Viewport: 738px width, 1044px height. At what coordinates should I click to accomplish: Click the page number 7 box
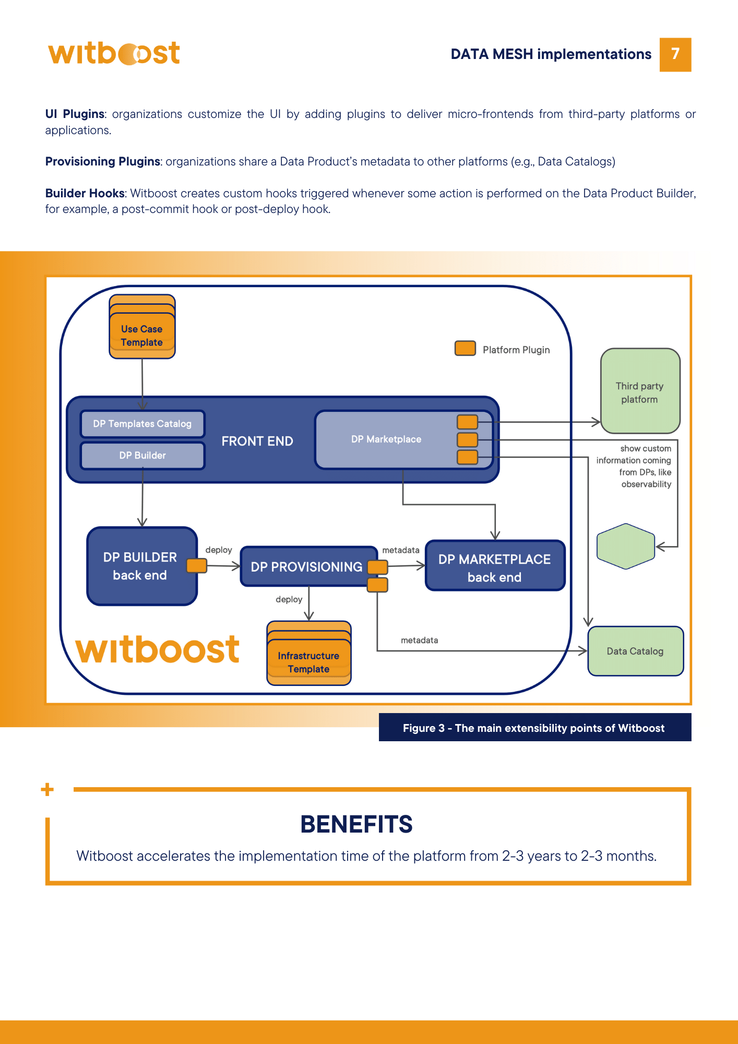[x=675, y=54]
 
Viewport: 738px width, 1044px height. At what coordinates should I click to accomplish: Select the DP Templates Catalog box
[x=142, y=424]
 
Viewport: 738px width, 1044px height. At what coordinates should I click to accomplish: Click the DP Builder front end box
[x=142, y=455]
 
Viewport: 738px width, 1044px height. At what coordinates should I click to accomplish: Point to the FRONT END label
[x=257, y=441]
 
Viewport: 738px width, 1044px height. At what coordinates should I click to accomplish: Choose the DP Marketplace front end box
[x=386, y=440]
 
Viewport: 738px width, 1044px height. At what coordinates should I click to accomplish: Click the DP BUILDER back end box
[x=140, y=566]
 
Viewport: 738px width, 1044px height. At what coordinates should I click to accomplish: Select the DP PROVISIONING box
[x=306, y=567]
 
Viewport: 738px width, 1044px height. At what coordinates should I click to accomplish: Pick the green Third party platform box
[x=640, y=392]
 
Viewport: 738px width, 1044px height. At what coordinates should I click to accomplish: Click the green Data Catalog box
[x=635, y=651]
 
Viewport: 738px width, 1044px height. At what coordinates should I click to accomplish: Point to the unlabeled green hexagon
[x=625, y=546]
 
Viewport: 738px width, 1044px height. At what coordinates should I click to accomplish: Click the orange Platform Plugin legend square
[x=465, y=349]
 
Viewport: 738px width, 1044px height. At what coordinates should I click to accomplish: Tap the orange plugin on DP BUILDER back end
[x=197, y=565]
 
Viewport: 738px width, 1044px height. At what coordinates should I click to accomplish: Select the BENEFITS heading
[x=356, y=824]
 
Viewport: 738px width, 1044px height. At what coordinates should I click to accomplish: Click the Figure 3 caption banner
[x=534, y=728]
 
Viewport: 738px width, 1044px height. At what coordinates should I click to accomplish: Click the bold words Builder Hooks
[x=85, y=193]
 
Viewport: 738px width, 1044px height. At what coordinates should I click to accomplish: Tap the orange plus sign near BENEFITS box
[x=47, y=789]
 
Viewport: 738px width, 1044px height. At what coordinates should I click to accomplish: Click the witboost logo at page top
[x=114, y=53]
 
